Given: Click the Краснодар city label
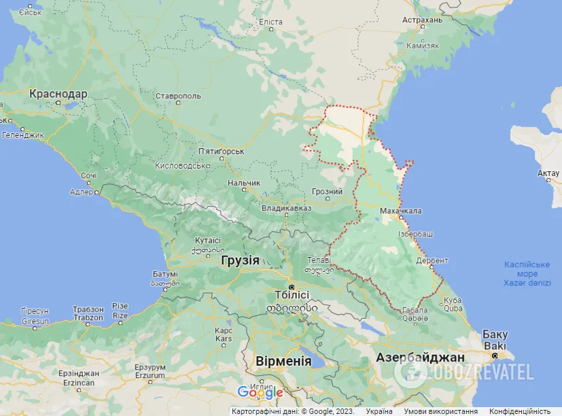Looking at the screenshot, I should pyautogui.click(x=58, y=93).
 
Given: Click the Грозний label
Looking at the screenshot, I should pyautogui.click(x=327, y=192).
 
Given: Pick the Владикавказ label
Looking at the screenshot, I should pyautogui.click(x=286, y=208).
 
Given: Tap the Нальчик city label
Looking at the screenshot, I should pyautogui.click(x=243, y=183).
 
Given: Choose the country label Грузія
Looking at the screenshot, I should pyautogui.click(x=240, y=260).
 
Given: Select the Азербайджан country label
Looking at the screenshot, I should pyautogui.click(x=422, y=358).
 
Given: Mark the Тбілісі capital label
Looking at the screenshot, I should pyautogui.click(x=292, y=295).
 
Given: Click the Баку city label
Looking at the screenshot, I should pyautogui.click(x=494, y=334).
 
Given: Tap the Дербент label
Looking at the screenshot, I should pyautogui.click(x=433, y=260).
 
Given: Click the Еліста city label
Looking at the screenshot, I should pyautogui.click(x=270, y=22).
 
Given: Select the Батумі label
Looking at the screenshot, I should pyautogui.click(x=165, y=274).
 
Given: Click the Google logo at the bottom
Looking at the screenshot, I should pyautogui.click(x=260, y=392).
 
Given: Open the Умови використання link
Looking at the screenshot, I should pyautogui.click(x=440, y=411).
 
